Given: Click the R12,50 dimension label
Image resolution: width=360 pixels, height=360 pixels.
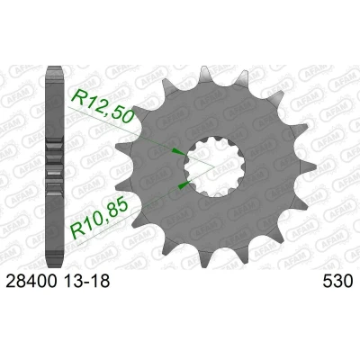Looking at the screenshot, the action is [103, 105].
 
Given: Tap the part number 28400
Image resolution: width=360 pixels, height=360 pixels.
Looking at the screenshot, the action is [31, 282].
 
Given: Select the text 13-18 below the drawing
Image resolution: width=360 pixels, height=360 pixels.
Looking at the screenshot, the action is [86, 282].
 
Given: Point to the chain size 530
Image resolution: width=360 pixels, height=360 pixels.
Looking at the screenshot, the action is [337, 282].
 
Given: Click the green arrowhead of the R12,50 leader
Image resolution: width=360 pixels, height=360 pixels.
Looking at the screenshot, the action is [178, 151].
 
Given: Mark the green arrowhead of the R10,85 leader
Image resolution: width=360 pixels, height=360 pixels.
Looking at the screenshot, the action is [184, 185].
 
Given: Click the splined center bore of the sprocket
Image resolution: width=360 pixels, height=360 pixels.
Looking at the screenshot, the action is [215, 166].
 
